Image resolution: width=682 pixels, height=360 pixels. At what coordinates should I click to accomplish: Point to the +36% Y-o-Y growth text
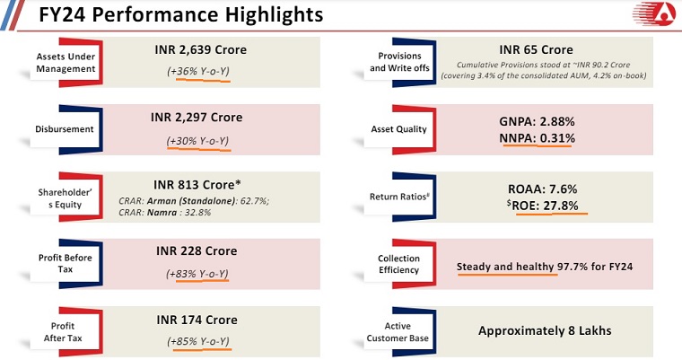click(198, 73)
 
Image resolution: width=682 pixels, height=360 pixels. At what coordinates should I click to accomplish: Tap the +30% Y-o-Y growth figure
click(198, 140)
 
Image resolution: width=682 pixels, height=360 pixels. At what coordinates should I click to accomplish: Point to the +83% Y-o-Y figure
click(198, 274)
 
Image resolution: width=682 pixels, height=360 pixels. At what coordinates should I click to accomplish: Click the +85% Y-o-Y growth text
click(198, 341)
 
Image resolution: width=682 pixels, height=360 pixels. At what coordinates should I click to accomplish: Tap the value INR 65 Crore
click(536, 49)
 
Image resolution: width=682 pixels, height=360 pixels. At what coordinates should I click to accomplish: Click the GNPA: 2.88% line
click(536, 121)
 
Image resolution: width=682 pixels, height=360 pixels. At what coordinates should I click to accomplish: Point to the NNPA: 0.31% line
click(536, 138)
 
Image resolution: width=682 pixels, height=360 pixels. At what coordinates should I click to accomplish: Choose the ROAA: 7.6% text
click(536, 189)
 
